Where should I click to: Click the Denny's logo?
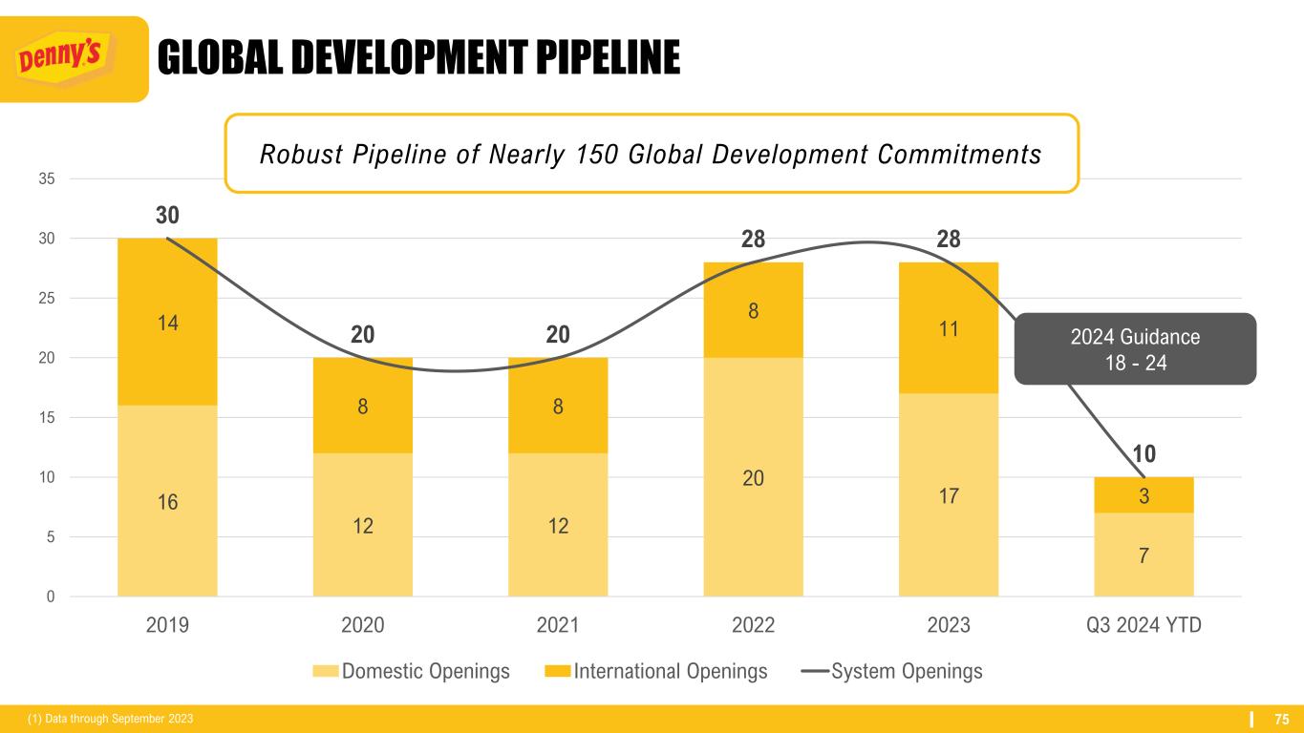tap(74, 59)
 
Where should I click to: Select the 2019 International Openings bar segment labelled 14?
tap(167, 322)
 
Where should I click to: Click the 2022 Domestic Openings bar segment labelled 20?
tap(753, 477)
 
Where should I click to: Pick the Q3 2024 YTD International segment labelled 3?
tap(1144, 494)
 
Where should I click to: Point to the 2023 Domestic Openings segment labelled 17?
tap(949, 494)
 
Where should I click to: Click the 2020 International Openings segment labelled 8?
tap(362, 405)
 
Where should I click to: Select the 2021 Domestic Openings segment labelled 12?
tap(558, 524)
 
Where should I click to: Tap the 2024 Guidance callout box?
tap(1134, 349)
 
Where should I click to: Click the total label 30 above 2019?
tap(167, 215)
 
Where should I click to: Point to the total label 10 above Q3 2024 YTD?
tap(1144, 454)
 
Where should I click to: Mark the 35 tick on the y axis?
tap(47, 178)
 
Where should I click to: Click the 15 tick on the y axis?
tap(47, 417)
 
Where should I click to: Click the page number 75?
tap(1282, 718)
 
